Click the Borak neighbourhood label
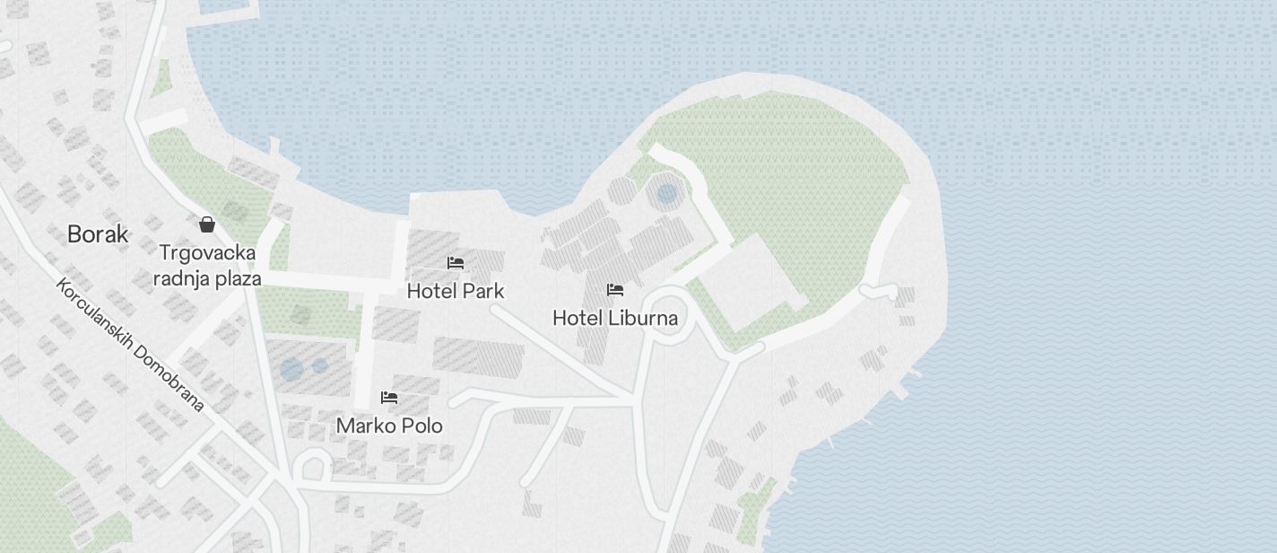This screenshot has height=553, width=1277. click(98, 235)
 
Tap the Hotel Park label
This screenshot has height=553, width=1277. click(455, 291)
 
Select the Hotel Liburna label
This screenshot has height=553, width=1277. click(614, 318)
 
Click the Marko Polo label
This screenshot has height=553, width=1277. click(389, 426)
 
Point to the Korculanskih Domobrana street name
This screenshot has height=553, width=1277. click(130, 344)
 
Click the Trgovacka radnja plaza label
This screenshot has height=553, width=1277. click(207, 265)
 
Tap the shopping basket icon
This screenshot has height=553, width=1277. click(207, 224)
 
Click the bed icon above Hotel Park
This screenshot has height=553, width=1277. click(456, 263)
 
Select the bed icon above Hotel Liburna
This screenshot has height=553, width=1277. click(615, 290)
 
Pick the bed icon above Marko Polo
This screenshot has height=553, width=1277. click(389, 397)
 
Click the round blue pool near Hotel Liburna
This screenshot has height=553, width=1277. click(666, 194)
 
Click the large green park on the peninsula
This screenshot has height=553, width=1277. click(789, 180)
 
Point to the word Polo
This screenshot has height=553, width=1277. click(422, 426)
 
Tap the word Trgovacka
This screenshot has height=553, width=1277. click(207, 252)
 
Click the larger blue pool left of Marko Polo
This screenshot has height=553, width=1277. click(291, 369)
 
